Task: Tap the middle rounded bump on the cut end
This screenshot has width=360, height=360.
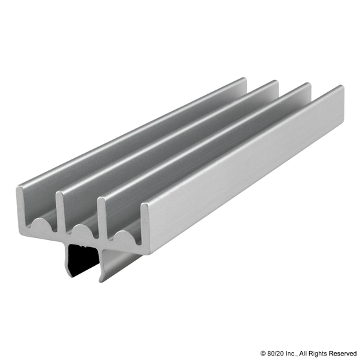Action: (x=82, y=230)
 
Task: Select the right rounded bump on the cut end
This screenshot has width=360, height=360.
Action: (x=123, y=237)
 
